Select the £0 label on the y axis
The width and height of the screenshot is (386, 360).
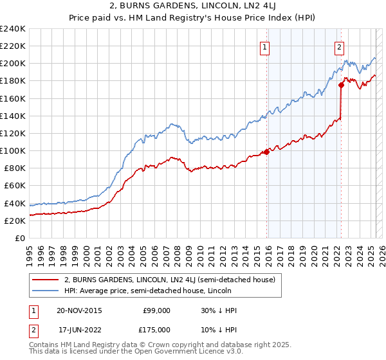pos(19,238)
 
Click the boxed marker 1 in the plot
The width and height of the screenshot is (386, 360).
pos(265,46)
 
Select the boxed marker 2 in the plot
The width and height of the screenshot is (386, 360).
pos(339,46)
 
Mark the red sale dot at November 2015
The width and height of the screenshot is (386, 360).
pos(266,152)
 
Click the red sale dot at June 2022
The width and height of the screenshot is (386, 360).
pos(341,85)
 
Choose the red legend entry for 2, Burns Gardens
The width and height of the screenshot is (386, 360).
pos(170,280)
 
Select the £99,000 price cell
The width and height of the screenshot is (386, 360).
pos(156,310)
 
